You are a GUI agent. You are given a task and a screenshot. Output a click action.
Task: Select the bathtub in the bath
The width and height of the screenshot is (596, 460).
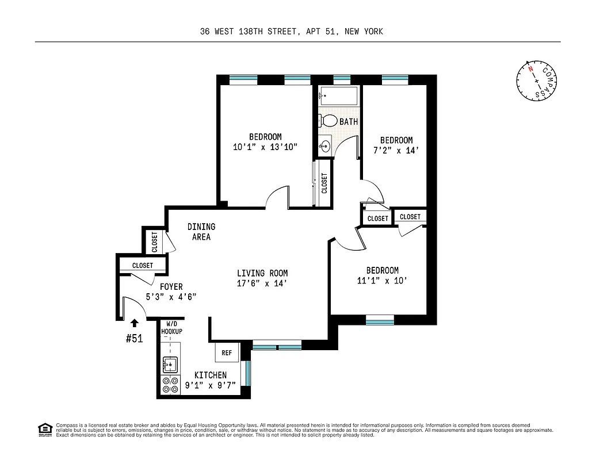pos(338,95)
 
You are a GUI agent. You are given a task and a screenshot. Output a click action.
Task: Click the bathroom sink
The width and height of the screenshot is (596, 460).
pos(325,145)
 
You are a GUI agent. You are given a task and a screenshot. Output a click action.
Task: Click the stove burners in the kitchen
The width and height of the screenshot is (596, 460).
pos(170,385)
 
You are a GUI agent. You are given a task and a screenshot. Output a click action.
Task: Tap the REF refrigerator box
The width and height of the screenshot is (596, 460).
pos(227,352)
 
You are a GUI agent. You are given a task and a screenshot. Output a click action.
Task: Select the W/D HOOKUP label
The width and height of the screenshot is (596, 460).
pos(171,328)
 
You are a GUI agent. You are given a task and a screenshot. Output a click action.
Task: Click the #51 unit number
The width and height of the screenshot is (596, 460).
pos(134,339)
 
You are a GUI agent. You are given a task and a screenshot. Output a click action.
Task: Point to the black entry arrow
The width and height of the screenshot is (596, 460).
pos(135,323)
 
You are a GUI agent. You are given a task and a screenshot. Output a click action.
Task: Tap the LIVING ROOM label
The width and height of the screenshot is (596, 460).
pos(262,273)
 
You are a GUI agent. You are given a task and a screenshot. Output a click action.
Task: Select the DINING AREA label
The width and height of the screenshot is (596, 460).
pos(201,232)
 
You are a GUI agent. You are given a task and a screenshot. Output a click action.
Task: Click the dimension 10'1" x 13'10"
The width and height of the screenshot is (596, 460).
pos(265,147)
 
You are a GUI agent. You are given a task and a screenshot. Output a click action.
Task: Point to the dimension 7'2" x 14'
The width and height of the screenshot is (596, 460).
pos(396,151)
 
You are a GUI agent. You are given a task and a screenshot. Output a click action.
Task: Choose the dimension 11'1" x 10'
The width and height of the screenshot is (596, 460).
pos(383,281)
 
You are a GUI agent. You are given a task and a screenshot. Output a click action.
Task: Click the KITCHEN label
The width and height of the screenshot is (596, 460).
pos(210,375)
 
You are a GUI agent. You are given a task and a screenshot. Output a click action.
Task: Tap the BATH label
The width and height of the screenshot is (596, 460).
pos(349,122)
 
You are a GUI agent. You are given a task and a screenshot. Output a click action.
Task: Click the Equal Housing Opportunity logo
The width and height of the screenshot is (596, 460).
pos(43,429)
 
